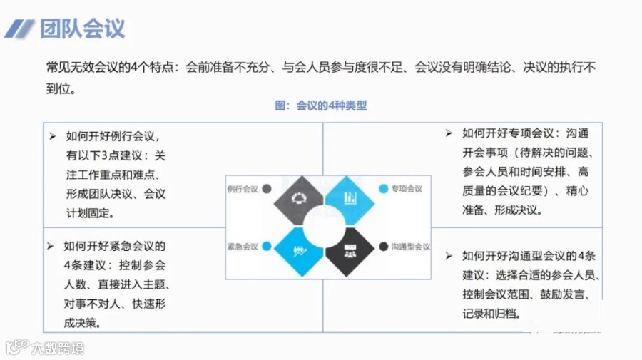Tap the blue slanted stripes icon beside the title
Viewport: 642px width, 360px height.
pyautogui.click(x=20, y=29)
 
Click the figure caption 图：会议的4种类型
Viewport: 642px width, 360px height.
pyautogui.click(x=321, y=106)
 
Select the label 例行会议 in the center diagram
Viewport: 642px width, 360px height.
pyautogui.click(x=243, y=190)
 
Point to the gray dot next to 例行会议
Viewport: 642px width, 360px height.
pyautogui.click(x=267, y=190)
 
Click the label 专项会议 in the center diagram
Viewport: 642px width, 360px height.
pyautogui.click(x=407, y=189)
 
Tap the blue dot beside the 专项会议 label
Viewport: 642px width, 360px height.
pyautogui.click(x=384, y=189)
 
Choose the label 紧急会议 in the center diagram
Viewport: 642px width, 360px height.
pyautogui.click(x=243, y=247)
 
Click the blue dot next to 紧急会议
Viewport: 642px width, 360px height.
pyautogui.click(x=267, y=247)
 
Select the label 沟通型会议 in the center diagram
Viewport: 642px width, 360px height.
pyautogui.click(x=410, y=247)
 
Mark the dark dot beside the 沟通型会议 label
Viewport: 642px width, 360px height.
pyautogui.click(x=384, y=247)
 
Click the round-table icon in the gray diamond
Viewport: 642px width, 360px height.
pyautogui.click(x=298, y=197)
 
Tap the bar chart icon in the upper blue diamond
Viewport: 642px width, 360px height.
pyautogui.click(x=350, y=197)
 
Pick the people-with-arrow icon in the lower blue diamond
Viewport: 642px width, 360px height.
pyautogui.click(x=298, y=251)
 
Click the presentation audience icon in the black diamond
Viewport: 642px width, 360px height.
pyautogui.click(x=350, y=251)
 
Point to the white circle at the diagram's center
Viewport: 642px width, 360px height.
pyautogui.click(x=325, y=225)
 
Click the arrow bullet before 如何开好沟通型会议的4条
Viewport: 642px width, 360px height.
pyautogui.click(x=449, y=255)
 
